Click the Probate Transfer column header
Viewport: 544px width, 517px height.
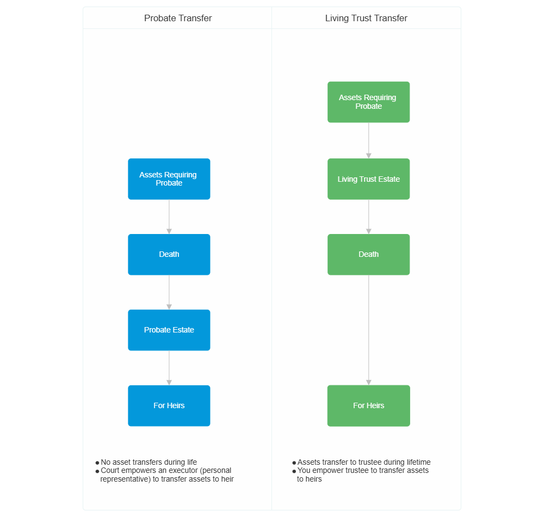tap(178, 18)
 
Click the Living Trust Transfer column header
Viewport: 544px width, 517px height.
tap(366, 18)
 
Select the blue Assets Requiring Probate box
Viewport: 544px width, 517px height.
tap(169, 179)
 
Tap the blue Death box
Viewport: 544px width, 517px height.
tap(169, 254)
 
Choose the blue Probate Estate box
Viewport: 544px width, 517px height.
tap(169, 330)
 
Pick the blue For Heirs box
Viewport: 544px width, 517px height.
tap(169, 405)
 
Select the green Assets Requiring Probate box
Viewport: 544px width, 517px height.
tap(369, 102)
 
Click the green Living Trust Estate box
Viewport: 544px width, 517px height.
tap(369, 179)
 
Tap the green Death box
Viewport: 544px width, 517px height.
tap(369, 254)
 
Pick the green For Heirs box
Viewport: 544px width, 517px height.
tap(369, 405)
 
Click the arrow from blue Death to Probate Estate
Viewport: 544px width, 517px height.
tap(169, 292)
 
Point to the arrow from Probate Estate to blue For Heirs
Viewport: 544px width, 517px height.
tap(169, 368)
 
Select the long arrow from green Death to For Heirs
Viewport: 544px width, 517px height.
tap(369, 330)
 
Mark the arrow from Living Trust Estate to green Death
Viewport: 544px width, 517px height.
tap(369, 217)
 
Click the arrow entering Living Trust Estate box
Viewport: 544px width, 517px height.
tap(369, 140)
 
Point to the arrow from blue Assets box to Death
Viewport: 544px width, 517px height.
tap(169, 217)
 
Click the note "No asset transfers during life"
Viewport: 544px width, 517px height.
tap(149, 462)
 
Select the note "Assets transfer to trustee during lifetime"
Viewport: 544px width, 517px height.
tap(364, 462)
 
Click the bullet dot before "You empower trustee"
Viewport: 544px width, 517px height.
tap(294, 471)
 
